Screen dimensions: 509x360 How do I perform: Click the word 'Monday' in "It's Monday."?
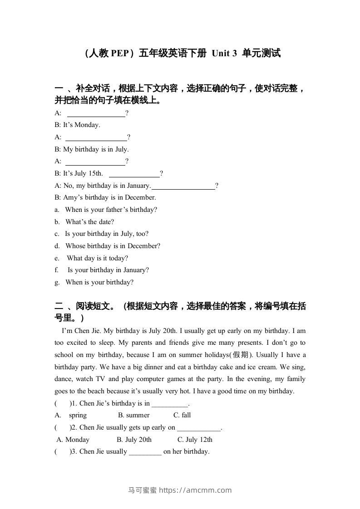coord(87,125)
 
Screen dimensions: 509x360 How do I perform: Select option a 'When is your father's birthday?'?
coord(111,210)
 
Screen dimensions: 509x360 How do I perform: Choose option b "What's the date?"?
coord(89,222)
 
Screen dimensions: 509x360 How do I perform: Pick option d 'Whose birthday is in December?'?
coord(113,246)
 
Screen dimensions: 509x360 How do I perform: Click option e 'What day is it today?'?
coord(98,258)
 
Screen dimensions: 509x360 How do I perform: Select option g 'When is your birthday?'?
coord(99,282)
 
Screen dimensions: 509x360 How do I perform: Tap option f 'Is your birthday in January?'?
coord(108,270)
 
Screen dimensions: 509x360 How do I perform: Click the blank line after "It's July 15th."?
coord(134,174)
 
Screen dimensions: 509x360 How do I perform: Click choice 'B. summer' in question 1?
coord(133,415)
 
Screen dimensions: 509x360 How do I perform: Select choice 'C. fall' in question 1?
coord(182,415)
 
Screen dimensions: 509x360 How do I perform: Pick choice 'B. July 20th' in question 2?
coord(134,440)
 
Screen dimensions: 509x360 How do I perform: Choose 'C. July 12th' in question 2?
coord(195,440)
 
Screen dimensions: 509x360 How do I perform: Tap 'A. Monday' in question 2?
coord(73,440)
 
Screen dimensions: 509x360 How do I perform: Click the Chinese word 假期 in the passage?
coord(289,355)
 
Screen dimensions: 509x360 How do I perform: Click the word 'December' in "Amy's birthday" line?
coord(141,197)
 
